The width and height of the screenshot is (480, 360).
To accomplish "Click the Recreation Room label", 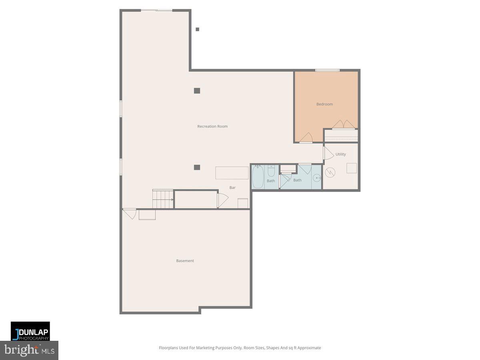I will (212, 126).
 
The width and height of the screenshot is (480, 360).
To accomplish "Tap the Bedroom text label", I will (324, 104).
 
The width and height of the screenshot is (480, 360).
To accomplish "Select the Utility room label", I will (340, 154).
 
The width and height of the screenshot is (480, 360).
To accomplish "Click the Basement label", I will (185, 261).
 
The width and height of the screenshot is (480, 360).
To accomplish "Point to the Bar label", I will (232, 188).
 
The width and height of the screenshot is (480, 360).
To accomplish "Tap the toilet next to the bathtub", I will (271, 172).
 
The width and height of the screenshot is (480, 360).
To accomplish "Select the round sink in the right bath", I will (316, 178).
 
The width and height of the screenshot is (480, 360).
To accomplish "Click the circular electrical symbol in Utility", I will (330, 172).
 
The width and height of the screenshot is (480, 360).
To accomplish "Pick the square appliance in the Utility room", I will (352, 168).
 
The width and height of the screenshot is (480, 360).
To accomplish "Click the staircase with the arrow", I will (162, 199).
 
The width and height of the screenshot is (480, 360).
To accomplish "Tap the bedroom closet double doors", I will (343, 124).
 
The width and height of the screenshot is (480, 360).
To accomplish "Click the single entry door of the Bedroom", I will (306, 138).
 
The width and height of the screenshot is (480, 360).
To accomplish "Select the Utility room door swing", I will (328, 153).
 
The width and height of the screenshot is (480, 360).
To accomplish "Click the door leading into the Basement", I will (130, 214).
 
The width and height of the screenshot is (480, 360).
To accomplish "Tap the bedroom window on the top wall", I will (327, 70).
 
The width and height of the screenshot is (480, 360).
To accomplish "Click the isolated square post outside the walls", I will (197, 29).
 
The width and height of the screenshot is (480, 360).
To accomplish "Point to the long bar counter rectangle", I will (232, 173).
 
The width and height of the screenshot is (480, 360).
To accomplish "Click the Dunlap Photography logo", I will (30, 331).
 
